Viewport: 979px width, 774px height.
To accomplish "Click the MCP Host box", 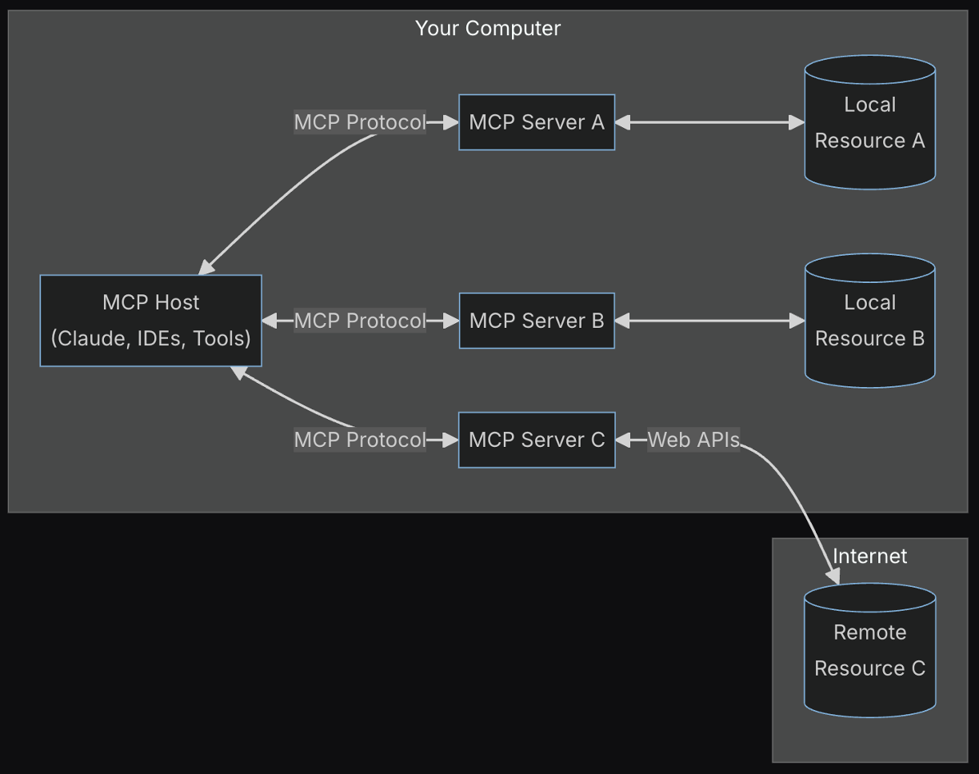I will pos(150,321).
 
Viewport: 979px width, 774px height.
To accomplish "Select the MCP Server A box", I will pos(536,122).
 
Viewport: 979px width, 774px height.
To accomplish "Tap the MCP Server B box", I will pos(536,321).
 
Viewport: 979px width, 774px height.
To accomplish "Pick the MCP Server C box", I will pos(536,440).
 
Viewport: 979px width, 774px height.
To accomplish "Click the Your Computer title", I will pos(487,28).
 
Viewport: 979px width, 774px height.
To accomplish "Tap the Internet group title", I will pos(869,556).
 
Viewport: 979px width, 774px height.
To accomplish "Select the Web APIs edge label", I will pos(693,440).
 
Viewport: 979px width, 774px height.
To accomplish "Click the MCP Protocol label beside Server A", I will pos(359,122).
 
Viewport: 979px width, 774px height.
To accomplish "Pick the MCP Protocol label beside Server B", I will pos(359,321).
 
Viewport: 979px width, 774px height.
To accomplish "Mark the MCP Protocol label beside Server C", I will pos(359,440).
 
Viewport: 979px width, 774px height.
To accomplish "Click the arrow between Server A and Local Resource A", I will pos(709,122).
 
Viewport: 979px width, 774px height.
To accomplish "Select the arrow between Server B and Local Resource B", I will pos(709,321).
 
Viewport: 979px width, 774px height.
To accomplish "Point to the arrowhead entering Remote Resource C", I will pos(833,576).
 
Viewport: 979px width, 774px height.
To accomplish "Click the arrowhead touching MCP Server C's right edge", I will pos(623,440).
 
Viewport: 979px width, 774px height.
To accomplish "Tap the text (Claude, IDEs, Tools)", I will pos(150,338).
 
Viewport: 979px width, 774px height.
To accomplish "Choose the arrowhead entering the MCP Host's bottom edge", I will pos(238,372).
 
